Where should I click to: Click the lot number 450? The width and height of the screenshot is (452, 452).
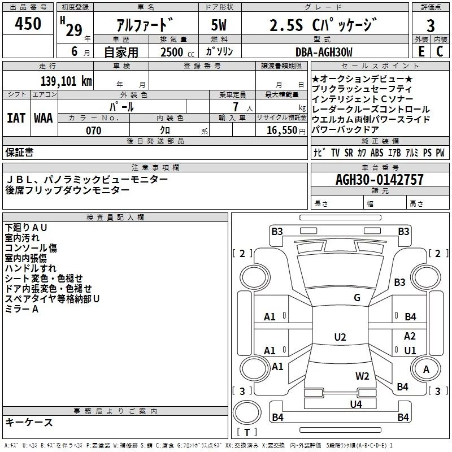click(x=28, y=24)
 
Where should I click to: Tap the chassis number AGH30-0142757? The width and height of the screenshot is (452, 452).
click(x=379, y=180)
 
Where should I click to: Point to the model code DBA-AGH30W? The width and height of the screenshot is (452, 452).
click(x=324, y=52)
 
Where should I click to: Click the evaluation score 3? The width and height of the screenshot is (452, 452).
click(x=431, y=26)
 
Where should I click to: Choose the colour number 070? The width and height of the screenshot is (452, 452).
click(x=93, y=131)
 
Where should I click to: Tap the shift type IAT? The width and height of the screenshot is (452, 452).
click(x=16, y=118)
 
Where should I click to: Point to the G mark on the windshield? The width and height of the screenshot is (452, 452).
click(x=357, y=298)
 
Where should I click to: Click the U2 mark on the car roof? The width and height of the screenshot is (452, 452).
click(x=340, y=337)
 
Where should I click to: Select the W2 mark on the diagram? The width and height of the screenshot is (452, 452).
click(x=362, y=376)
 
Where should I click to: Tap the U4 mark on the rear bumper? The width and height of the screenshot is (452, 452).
click(x=355, y=404)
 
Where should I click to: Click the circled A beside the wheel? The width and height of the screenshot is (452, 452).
click(x=427, y=370)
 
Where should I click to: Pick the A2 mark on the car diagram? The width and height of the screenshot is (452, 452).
click(x=410, y=336)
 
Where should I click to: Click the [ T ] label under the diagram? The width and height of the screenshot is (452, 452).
click(x=249, y=433)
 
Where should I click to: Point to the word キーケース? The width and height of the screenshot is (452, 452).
click(x=29, y=422)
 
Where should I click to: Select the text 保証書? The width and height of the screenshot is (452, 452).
click(x=19, y=152)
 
